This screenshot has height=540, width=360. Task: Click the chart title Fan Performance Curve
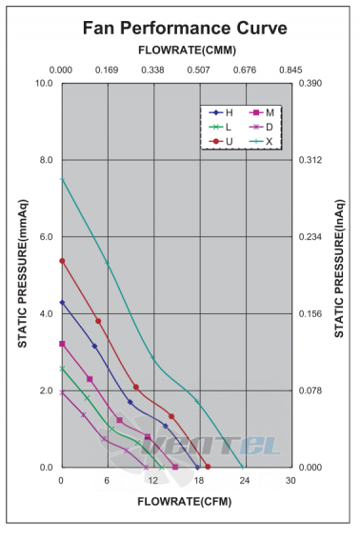[185, 28]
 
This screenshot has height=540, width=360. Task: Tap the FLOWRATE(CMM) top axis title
[187, 50]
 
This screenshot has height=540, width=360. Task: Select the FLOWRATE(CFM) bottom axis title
[185, 501]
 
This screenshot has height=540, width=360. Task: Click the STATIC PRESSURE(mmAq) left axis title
[23, 273]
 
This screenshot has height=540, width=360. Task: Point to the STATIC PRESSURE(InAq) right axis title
[339, 269]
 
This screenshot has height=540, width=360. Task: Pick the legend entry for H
[221, 113]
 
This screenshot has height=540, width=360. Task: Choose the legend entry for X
[261, 141]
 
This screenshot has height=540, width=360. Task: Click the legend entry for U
[221, 141]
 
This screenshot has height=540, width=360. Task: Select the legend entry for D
[261, 127]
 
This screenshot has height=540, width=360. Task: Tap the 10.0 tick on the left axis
[44, 84]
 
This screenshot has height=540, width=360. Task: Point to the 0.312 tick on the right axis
[310, 160]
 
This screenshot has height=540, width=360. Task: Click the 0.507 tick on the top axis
[198, 70]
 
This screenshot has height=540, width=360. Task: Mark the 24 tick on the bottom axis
[245, 480]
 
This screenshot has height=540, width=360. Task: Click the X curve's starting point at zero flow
[62, 179]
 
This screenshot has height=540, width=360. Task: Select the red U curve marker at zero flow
[62, 261]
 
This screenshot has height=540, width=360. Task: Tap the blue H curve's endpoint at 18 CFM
[197, 468]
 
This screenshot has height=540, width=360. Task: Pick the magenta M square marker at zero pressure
[175, 467]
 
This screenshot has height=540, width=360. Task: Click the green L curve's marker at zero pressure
[162, 468]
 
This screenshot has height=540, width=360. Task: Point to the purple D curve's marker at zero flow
[62, 392]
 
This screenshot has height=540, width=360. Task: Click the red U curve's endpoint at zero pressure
[208, 467]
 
